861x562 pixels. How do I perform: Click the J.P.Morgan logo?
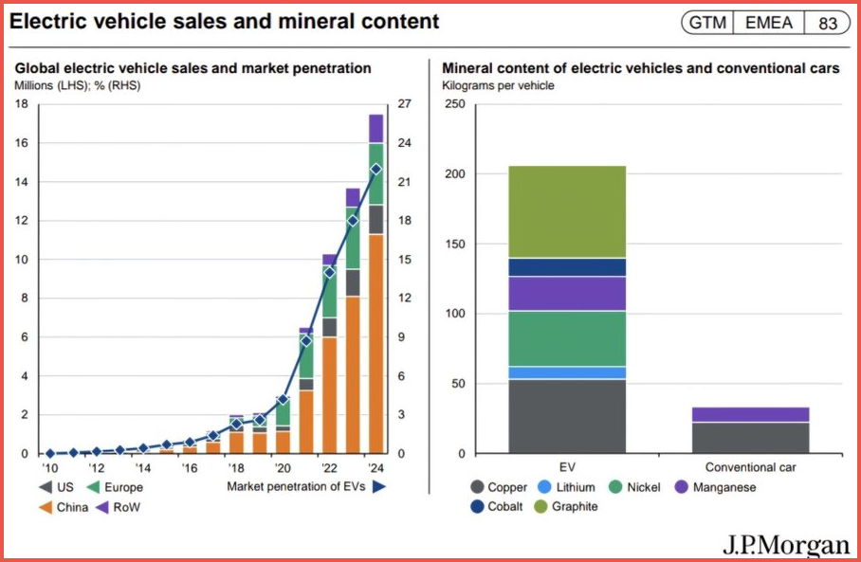tap(785, 545)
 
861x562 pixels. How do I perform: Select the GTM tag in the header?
tap(707, 23)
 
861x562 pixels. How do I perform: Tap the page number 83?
tap(828, 23)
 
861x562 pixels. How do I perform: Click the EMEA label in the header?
tap(767, 23)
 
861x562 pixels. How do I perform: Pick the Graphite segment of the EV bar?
tap(567, 211)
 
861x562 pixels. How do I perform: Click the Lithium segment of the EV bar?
tap(567, 372)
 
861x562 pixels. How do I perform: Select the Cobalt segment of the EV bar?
tap(567, 267)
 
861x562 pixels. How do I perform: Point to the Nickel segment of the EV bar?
tap(567, 338)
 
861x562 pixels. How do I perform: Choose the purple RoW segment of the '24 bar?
tap(376, 128)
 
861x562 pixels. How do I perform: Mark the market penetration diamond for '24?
tap(376, 169)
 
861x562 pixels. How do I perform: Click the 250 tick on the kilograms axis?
tap(453, 104)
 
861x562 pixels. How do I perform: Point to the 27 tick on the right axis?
tap(403, 104)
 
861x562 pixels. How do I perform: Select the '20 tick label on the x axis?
tap(283, 467)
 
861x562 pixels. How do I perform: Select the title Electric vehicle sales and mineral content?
tap(225, 21)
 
